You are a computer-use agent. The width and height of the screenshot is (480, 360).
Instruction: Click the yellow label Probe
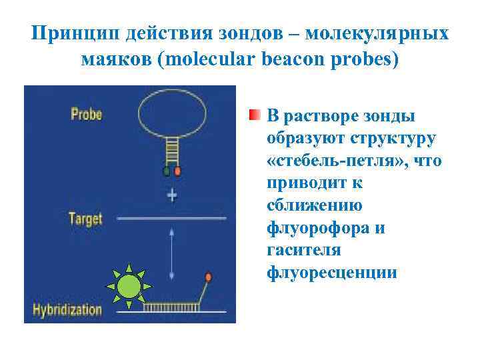[86, 114]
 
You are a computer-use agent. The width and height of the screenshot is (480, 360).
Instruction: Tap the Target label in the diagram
[85, 218]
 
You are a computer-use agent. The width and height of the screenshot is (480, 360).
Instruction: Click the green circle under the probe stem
[166, 171]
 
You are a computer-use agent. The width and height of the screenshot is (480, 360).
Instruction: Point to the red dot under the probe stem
[177, 171]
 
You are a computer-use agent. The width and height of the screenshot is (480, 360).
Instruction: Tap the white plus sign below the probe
[172, 195]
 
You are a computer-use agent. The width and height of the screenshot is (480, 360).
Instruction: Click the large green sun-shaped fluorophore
[129, 286]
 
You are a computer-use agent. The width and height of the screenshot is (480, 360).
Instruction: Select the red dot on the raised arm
[209, 276]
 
